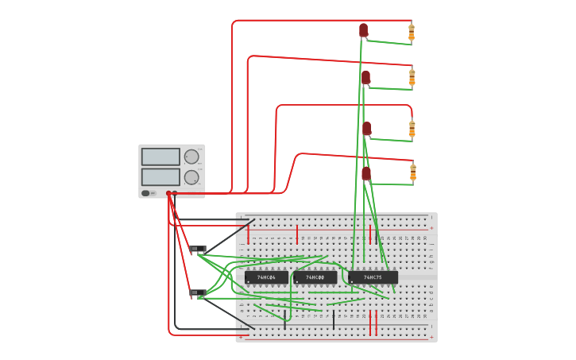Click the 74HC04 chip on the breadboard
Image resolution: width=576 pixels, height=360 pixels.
point(266,277)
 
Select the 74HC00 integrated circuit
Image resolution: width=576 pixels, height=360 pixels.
point(315,277)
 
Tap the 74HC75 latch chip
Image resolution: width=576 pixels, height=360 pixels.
point(373,277)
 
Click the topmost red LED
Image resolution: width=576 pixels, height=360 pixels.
point(363,30)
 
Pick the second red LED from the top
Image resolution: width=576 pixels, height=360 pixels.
point(365,77)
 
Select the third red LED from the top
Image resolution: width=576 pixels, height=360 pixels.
point(366,128)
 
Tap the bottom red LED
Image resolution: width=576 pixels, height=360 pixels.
point(366,173)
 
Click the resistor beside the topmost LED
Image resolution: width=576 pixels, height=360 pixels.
point(412,33)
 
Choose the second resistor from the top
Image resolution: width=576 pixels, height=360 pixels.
point(412,77)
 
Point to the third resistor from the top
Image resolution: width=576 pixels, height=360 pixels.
point(412,128)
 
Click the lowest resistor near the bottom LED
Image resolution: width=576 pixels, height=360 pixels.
point(412,172)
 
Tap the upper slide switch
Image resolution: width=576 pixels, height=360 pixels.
point(197,249)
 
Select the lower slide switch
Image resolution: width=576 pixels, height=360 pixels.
point(197,293)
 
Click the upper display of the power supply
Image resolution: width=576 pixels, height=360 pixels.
point(160,157)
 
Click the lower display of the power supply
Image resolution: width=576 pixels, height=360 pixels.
point(160,176)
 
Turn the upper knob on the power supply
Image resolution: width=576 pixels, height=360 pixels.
point(191,157)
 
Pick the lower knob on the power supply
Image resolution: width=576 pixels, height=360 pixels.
point(191,177)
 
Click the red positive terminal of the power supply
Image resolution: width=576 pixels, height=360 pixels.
point(175,193)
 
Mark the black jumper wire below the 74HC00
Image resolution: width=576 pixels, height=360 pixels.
point(334,319)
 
